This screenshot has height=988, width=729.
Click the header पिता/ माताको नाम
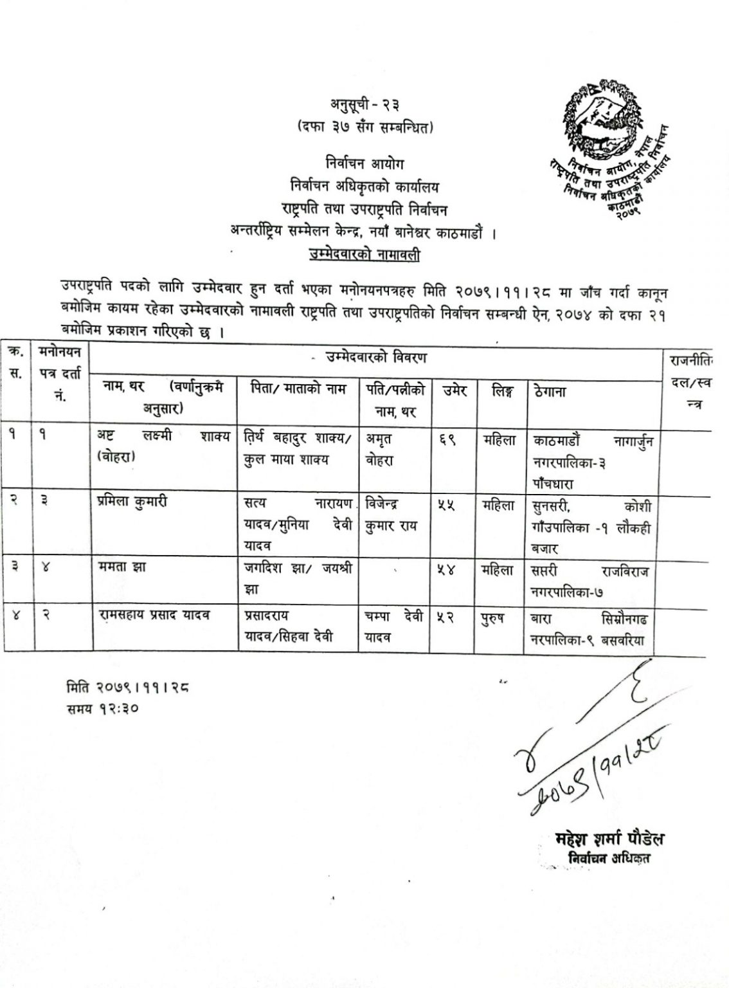pos(299,389)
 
